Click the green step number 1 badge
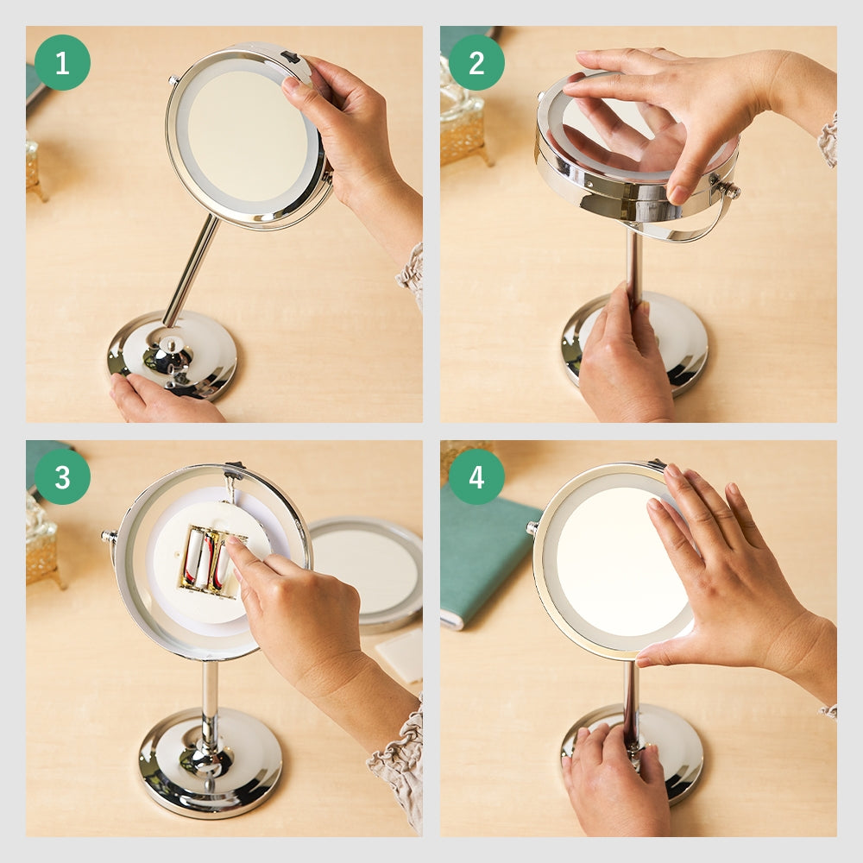(62, 63)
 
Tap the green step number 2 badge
(476, 63)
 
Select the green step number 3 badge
(62, 476)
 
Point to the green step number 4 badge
(476, 476)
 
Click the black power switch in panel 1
(290, 56)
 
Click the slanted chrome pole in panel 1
(191, 270)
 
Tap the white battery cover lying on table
(400, 655)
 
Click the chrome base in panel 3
(211, 762)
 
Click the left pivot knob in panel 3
(109, 536)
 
